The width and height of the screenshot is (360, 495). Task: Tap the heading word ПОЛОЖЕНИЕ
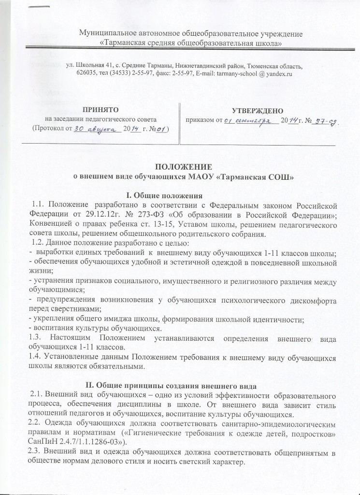pyautogui.click(x=180, y=167)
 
